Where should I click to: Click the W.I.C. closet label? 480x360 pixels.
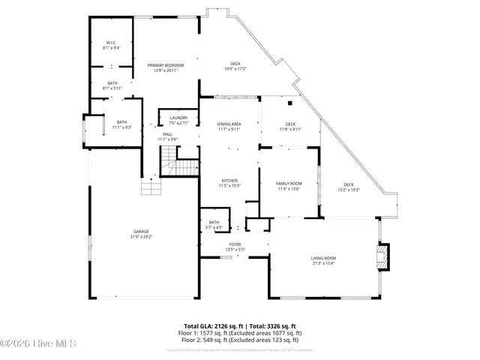(x=112, y=45)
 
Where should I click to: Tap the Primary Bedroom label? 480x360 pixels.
(x=166, y=67)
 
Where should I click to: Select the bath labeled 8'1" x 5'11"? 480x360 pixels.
(x=112, y=85)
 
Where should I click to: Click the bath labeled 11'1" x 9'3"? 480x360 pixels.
(x=121, y=124)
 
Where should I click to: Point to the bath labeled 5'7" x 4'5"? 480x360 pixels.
(x=214, y=224)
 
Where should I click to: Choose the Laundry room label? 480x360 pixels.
(x=178, y=120)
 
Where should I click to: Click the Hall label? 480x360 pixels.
(x=167, y=136)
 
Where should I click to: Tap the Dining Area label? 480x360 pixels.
(x=229, y=126)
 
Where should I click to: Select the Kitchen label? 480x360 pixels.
(x=229, y=182)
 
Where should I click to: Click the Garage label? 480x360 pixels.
(x=141, y=233)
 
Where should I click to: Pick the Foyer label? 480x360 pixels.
(x=235, y=246)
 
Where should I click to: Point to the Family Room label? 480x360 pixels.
(x=289, y=186)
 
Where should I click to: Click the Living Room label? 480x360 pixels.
(x=323, y=260)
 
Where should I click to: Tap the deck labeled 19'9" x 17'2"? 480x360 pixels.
(x=235, y=67)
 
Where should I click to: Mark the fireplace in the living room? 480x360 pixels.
(x=384, y=256)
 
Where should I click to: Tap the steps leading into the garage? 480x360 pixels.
(x=151, y=187)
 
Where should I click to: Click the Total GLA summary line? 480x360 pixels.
(x=239, y=326)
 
